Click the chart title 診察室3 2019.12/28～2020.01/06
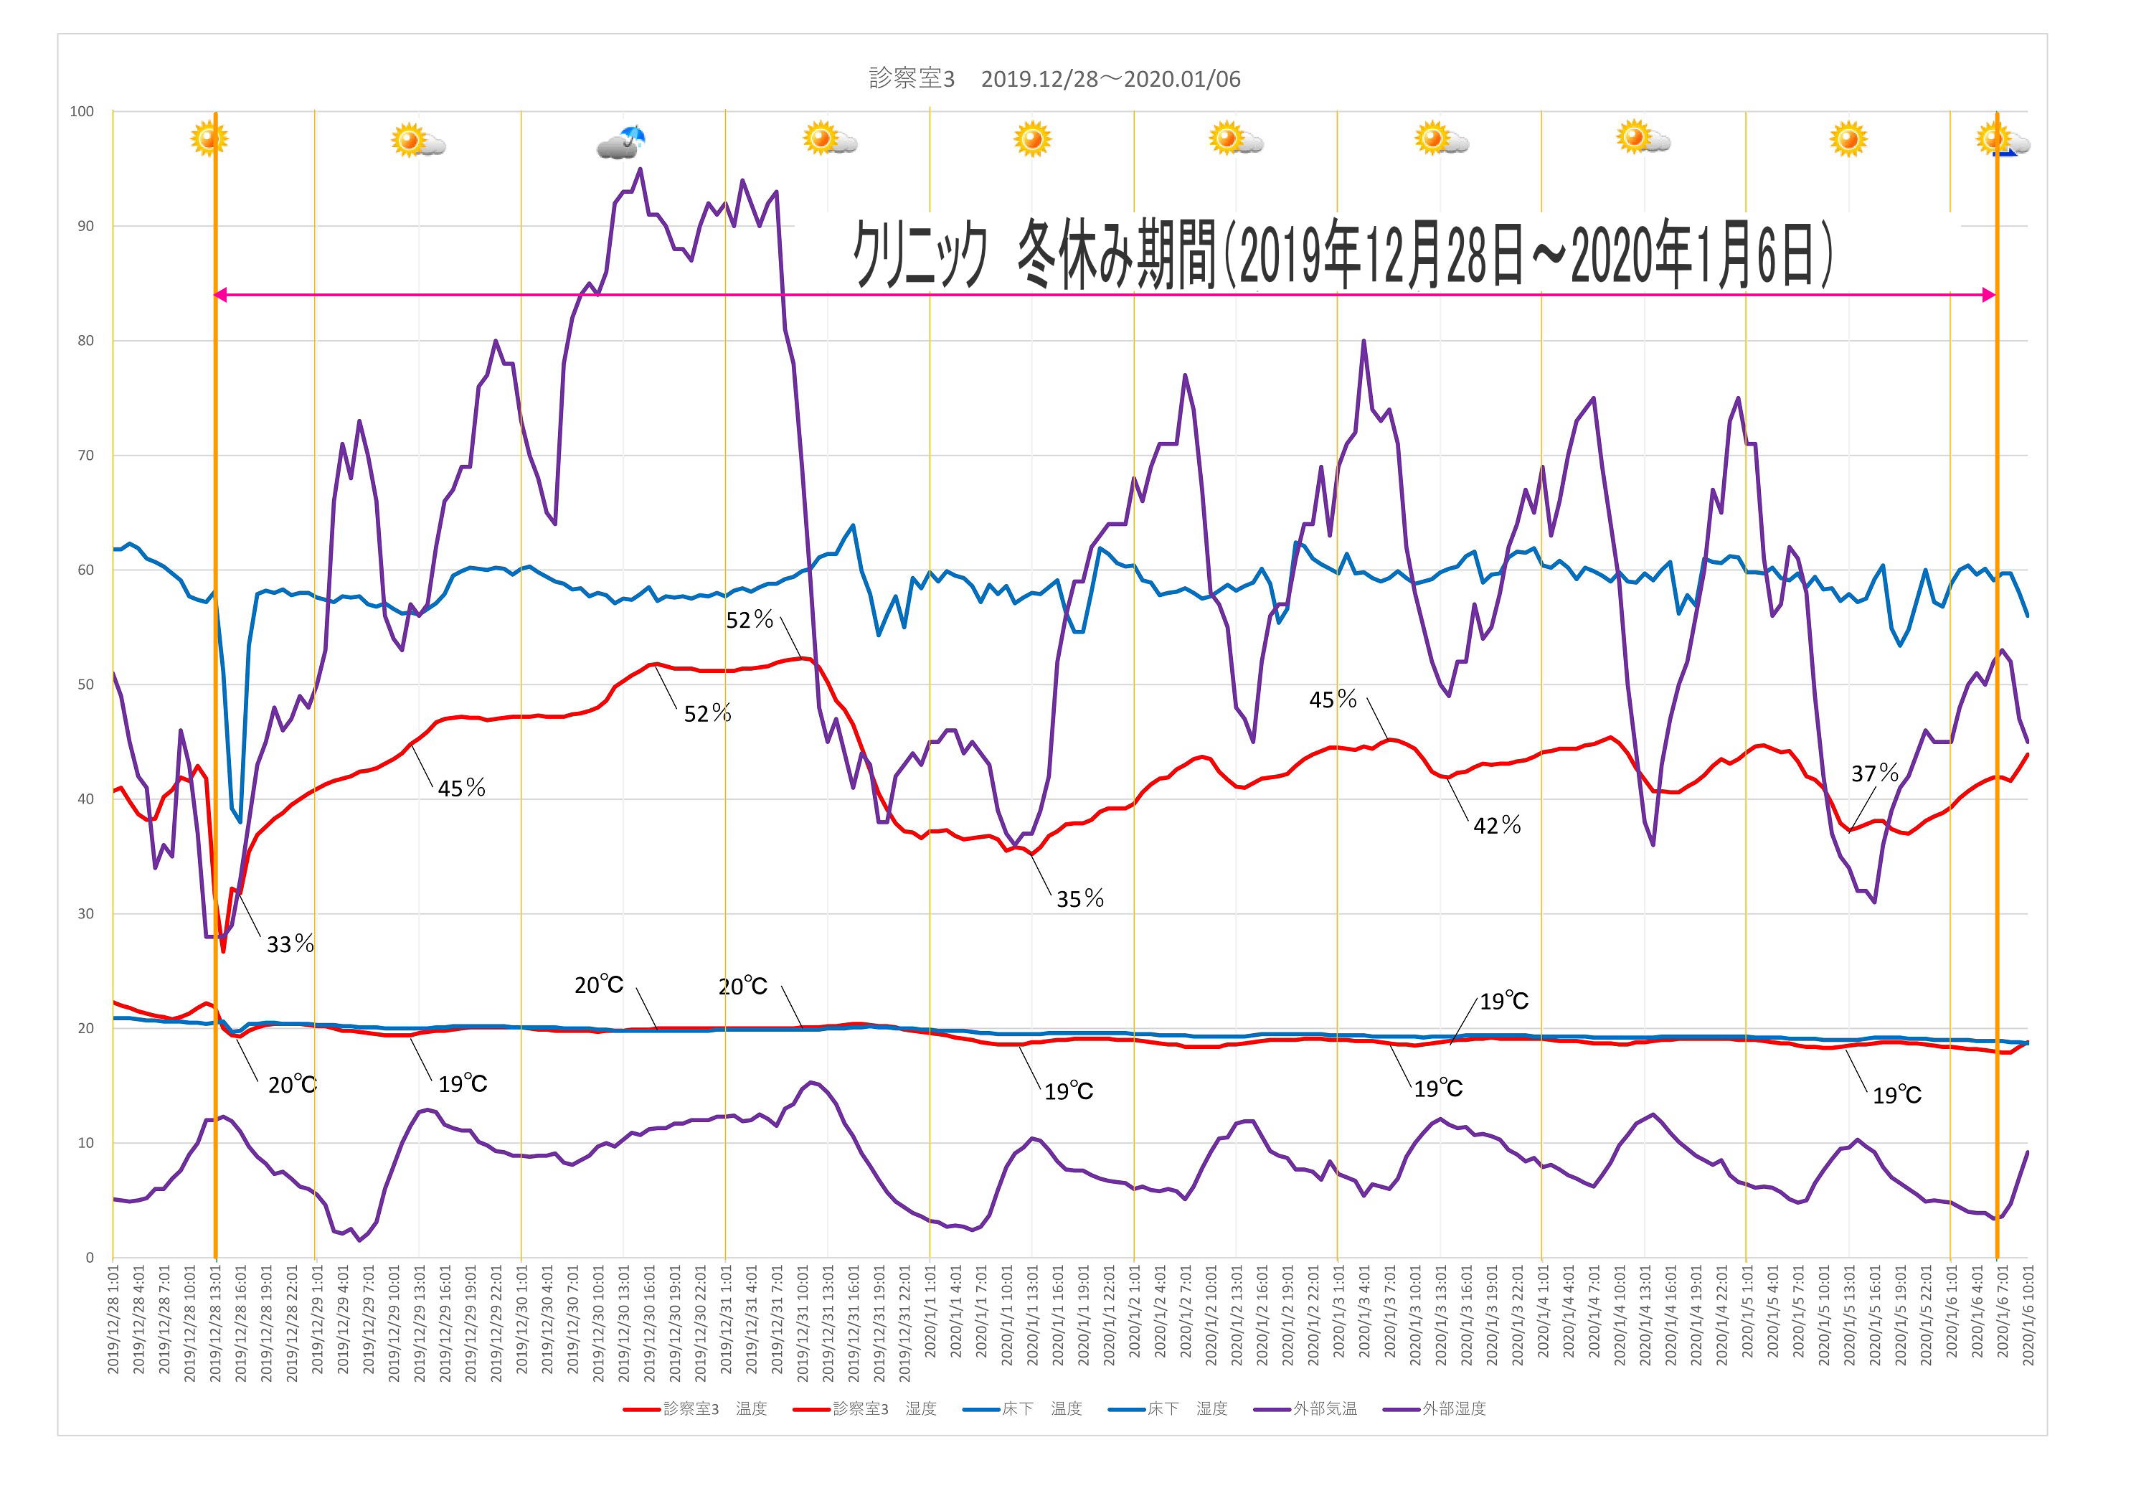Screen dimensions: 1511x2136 click(x=1054, y=79)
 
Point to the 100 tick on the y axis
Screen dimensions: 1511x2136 click(x=82, y=112)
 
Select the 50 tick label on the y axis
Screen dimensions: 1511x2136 click(x=85, y=684)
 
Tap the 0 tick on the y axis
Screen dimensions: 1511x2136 click(x=90, y=1258)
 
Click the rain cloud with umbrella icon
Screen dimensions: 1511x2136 click(x=621, y=142)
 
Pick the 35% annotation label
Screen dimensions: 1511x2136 click(x=1079, y=899)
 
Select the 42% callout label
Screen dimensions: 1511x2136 click(x=1497, y=825)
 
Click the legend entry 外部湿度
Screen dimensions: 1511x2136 click(x=1453, y=1408)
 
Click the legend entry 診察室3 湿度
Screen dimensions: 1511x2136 click(x=884, y=1408)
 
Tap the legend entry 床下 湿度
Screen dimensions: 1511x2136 click(x=1186, y=1408)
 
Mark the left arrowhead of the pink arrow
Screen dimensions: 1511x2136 click(x=219, y=295)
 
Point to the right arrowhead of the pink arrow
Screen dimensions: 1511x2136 click(x=1989, y=295)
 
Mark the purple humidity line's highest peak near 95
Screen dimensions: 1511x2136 click(x=639, y=169)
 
